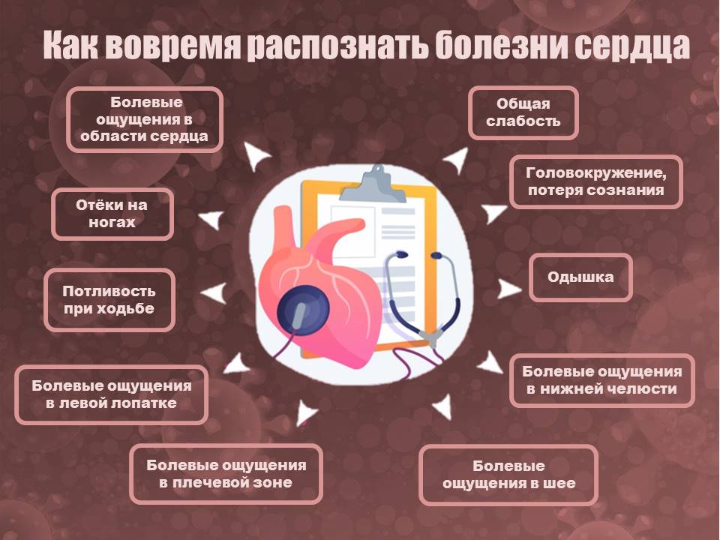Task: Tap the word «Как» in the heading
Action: click(x=71, y=45)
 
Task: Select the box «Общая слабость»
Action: click(x=523, y=112)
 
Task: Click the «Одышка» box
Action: click(x=580, y=277)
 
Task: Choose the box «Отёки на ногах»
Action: click(x=112, y=214)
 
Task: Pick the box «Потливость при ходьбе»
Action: click(x=109, y=300)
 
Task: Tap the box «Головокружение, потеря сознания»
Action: click(x=596, y=181)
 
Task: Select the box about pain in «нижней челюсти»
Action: click(x=602, y=380)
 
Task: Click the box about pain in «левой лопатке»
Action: click(x=112, y=394)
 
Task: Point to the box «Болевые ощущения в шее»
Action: click(x=508, y=474)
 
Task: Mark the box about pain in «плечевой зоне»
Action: click(x=226, y=474)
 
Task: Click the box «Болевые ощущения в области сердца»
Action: click(x=145, y=119)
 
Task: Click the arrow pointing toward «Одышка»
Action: click(x=508, y=289)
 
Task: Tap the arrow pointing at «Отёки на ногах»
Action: click(x=212, y=220)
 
